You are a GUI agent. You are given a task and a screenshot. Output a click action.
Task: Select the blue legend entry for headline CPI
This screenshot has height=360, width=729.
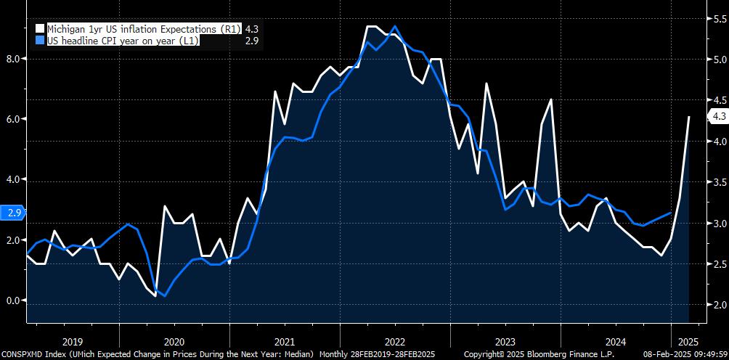tap(116, 41)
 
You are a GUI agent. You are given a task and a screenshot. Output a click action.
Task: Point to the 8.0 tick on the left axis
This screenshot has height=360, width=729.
tap(12, 59)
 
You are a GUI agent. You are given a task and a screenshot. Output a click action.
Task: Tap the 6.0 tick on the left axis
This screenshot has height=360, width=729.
tap(12, 119)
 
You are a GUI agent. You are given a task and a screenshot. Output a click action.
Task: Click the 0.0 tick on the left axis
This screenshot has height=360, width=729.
tap(12, 300)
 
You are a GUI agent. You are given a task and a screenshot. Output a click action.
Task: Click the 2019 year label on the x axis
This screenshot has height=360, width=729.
tap(73, 340)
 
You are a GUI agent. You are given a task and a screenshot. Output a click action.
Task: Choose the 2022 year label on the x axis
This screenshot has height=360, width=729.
tap(395, 340)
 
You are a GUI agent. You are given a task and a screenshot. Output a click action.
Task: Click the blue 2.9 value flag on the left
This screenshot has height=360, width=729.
tap(13, 213)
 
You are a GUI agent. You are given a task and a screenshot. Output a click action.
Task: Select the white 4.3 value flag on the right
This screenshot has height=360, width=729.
tap(719, 116)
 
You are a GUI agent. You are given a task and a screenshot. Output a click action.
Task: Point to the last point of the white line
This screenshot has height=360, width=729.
tap(689, 117)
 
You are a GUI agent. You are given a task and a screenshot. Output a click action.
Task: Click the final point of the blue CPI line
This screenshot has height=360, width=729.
tap(669, 213)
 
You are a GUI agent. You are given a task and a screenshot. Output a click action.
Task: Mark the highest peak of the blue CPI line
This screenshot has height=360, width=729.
tap(394, 27)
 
